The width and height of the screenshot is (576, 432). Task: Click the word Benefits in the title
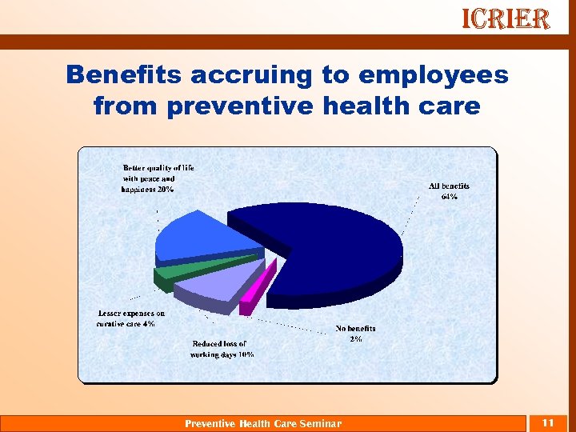pos(127,75)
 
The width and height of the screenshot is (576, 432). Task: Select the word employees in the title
pos(434,75)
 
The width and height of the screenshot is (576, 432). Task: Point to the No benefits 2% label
pos(355,334)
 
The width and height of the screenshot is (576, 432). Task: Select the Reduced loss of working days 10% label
pos(222,349)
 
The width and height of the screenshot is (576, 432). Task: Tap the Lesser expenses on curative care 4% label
pos(130,318)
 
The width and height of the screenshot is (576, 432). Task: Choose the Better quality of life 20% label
pos(158,178)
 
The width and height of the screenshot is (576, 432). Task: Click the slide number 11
pos(548,422)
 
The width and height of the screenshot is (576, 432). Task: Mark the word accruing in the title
pos(252,75)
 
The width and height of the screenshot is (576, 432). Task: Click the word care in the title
pos(447,105)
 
